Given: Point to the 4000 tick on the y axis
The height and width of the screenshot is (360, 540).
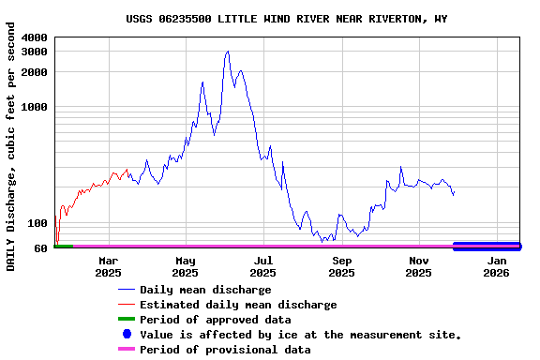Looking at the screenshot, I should click(35, 37).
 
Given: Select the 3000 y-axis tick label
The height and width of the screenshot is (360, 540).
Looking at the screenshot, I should click(35, 52).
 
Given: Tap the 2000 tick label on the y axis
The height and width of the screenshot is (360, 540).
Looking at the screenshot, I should click(35, 72).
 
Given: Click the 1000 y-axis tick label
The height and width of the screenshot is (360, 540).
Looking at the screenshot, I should click(35, 107).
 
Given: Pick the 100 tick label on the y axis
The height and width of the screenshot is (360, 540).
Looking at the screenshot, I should click(38, 223).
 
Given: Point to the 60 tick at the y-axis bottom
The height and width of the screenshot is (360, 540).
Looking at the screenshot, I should click(41, 248).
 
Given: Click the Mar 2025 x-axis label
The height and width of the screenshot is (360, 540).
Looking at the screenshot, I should click(108, 266).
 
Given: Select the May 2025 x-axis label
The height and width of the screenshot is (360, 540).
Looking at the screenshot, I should click(186, 266).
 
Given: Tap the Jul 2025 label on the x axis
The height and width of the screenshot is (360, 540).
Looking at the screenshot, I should click(263, 266).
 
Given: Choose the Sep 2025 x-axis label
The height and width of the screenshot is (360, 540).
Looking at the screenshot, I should click(341, 266).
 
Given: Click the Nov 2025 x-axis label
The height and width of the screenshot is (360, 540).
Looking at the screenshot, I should click(419, 266).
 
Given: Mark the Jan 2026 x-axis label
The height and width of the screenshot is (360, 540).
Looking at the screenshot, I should click(497, 266).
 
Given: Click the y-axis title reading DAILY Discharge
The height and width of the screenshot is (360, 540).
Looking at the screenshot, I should click(11, 154).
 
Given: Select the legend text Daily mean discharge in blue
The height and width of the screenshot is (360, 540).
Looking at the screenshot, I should click(205, 290).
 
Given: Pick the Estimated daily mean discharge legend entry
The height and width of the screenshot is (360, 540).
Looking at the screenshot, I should click(238, 305).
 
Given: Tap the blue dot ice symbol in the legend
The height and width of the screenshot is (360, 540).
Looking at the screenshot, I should click(127, 335).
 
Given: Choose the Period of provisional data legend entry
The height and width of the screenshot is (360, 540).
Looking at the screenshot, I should click(225, 350).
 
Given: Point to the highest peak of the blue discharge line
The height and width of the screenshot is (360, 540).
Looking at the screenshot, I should click(227, 52).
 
